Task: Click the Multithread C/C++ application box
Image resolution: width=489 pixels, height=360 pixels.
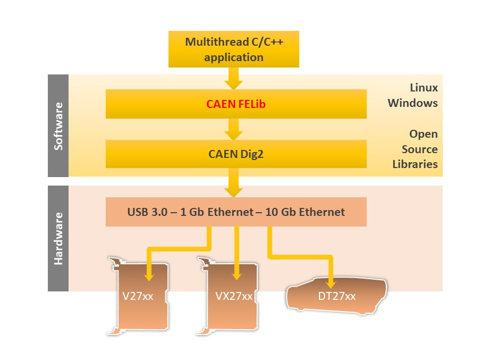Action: (x=233, y=49)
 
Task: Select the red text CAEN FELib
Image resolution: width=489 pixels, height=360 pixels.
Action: (x=236, y=104)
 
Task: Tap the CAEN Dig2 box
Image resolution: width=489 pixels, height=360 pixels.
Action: (x=236, y=155)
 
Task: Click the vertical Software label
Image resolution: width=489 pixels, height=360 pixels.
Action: (x=58, y=125)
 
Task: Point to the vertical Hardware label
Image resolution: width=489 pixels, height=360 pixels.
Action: (x=58, y=238)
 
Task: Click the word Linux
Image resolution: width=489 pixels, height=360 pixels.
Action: (x=424, y=87)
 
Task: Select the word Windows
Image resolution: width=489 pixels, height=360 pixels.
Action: (x=412, y=103)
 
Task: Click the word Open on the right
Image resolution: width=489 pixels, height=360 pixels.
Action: (x=423, y=134)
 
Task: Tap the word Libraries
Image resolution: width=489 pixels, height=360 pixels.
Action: (x=415, y=164)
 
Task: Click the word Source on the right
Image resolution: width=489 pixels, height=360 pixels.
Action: (x=419, y=149)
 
